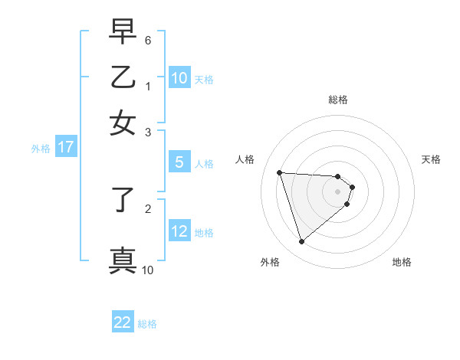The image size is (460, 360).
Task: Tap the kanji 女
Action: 123,123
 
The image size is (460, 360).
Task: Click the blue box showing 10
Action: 179,78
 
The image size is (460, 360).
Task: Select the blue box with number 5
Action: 179,162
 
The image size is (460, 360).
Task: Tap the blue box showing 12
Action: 179,231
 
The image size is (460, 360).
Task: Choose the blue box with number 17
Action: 66,148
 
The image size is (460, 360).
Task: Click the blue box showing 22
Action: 123,322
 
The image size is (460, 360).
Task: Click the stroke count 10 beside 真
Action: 148,270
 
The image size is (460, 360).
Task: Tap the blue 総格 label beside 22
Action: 147,324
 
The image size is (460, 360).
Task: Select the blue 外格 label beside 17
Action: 41,149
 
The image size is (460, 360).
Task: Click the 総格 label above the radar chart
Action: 337,100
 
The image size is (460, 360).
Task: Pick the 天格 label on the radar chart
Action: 431,159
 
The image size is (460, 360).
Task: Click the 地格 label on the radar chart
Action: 402,262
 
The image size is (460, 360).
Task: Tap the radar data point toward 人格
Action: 280,172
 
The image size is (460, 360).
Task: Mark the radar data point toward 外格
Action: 301,242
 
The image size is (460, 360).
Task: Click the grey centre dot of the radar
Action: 337,191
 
